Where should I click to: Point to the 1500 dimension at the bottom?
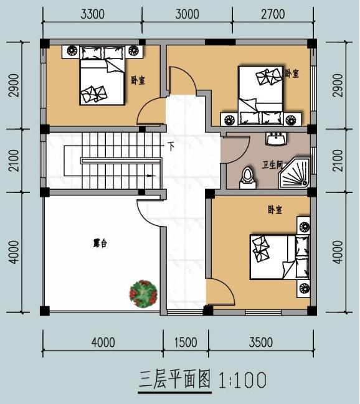186,342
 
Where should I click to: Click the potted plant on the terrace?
143,293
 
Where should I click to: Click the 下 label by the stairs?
171,148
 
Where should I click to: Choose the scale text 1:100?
242,379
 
